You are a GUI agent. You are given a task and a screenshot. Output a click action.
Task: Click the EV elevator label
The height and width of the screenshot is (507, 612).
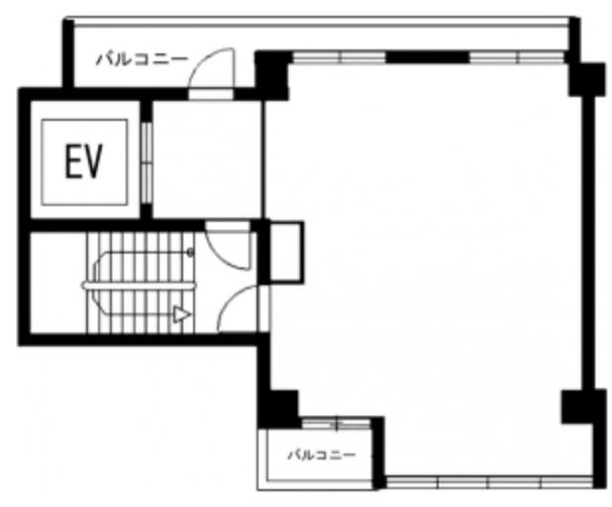[x=83, y=161]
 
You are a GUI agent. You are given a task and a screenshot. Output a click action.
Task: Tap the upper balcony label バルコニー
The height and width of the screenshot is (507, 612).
[x=142, y=59]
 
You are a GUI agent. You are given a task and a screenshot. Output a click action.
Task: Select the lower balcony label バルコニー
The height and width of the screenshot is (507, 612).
[x=322, y=455]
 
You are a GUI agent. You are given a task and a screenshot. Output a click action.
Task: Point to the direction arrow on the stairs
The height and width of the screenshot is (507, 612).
[x=182, y=315]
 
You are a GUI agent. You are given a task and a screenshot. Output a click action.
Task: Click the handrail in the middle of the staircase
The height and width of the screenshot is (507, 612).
[x=139, y=286]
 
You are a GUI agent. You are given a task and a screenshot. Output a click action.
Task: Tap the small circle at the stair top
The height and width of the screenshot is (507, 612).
[x=190, y=253]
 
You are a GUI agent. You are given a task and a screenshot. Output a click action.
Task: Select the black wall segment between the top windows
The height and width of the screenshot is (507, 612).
[x=428, y=57]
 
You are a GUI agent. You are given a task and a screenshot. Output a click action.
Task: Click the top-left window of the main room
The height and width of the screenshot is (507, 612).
[x=339, y=57]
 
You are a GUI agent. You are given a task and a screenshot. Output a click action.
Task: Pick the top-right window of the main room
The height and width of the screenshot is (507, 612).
[x=517, y=57]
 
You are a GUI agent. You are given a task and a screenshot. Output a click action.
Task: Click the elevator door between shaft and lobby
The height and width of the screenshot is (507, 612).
[x=147, y=162]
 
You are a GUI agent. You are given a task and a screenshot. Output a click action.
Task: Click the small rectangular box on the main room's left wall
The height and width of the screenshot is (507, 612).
[x=287, y=253]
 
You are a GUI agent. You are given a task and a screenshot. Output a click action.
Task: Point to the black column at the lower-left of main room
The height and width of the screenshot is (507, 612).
[x=278, y=409]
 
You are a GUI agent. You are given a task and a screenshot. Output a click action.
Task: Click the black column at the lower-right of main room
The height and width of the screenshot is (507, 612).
[x=579, y=406]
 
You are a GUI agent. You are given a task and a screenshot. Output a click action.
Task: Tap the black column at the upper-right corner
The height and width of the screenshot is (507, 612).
[x=586, y=79]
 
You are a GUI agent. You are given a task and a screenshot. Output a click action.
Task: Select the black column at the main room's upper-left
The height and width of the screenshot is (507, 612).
[x=271, y=74]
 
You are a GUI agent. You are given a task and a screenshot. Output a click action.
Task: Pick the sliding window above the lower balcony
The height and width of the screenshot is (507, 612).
[x=337, y=424]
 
